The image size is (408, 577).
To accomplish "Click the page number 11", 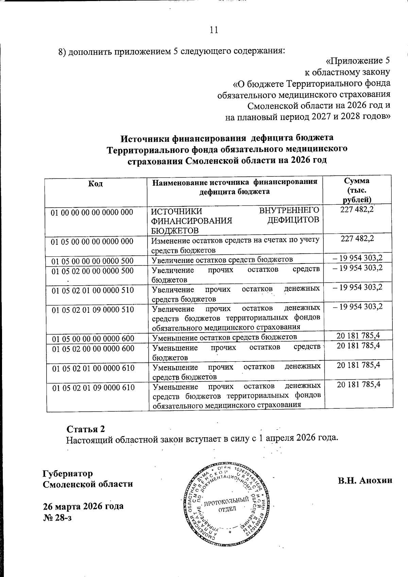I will click(x=214, y=30).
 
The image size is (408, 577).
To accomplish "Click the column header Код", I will click(x=95, y=184).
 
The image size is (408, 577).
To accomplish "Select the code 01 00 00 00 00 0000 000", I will click(x=92, y=213).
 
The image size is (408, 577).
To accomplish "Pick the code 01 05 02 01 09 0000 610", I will click(x=93, y=388).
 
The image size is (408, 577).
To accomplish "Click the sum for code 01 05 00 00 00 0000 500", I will click(x=358, y=257).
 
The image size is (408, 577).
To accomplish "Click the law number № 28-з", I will click(x=57, y=517).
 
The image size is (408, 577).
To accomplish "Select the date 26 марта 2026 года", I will click(x=83, y=506).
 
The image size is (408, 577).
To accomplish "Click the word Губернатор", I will click(x=67, y=473).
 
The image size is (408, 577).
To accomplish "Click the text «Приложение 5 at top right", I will click(x=357, y=61).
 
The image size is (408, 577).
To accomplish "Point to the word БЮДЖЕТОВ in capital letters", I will click(x=175, y=230).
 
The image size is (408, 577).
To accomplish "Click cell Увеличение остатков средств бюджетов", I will click(x=222, y=259).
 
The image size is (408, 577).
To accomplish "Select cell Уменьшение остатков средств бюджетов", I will click(x=224, y=337).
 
